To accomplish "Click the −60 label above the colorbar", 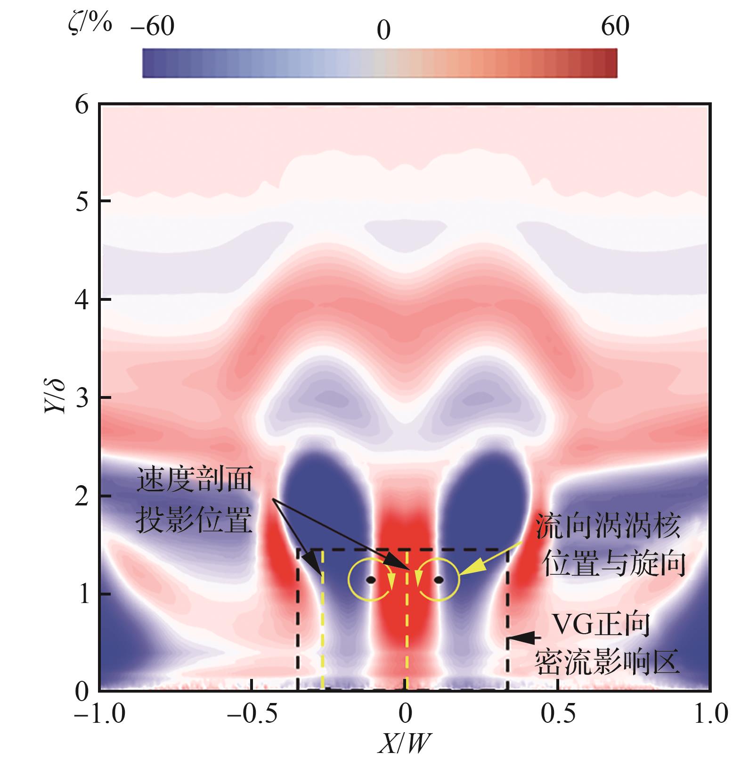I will [x=153, y=26].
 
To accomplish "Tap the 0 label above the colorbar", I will [x=383, y=31].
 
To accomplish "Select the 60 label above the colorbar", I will [x=615, y=26].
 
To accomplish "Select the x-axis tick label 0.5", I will [x=558, y=714].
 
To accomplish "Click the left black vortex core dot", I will [x=371, y=580].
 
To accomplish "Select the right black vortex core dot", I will [x=439, y=580].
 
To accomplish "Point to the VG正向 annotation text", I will [x=600, y=626].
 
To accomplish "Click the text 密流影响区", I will [x=607, y=662].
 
